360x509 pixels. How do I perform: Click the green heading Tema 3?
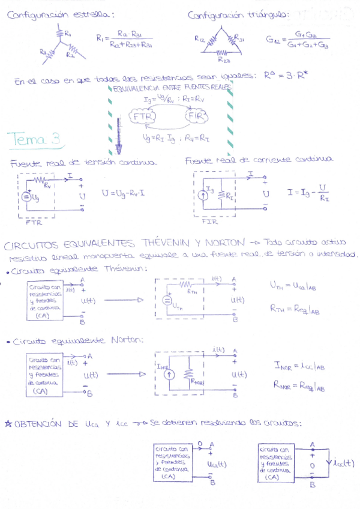pos(34,139)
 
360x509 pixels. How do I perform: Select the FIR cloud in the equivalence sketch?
pos(197,116)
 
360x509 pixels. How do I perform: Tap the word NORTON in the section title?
pos(223,243)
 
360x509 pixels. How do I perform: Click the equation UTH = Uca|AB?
pos(294,287)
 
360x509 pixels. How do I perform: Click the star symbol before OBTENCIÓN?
pos(8,424)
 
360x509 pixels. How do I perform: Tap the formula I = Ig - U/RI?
pos(310,193)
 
